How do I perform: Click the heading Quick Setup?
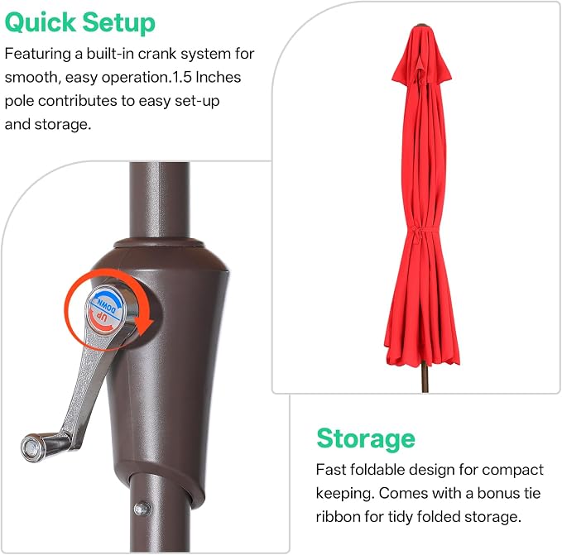[x=80, y=23]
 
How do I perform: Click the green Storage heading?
[x=366, y=439]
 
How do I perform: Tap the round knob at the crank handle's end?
[x=32, y=447]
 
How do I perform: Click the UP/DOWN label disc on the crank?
[x=105, y=309]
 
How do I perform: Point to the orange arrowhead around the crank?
[x=144, y=324]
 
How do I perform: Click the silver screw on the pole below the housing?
[x=142, y=509]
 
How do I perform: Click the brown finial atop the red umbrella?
[x=422, y=25]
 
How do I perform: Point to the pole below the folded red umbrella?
[x=425, y=378]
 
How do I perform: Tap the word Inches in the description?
[x=219, y=78]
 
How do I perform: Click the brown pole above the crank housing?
[x=159, y=200]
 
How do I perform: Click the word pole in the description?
[x=19, y=102]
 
